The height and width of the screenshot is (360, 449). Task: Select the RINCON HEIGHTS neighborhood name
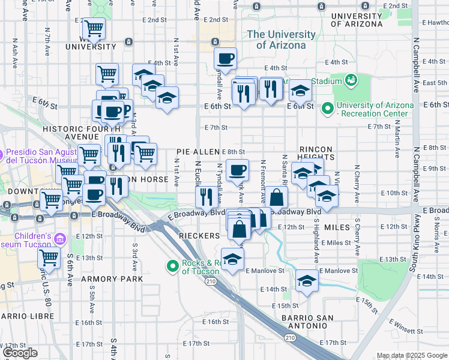316,152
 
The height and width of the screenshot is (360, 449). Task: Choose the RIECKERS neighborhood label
199,236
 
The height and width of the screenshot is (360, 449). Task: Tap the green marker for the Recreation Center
328,109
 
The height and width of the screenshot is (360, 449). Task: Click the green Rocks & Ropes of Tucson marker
172,265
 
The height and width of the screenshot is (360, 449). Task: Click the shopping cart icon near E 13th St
49,258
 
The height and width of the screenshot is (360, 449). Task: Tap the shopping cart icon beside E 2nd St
94,27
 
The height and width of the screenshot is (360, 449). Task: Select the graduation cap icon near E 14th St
307,280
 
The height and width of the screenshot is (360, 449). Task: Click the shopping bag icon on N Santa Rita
276,197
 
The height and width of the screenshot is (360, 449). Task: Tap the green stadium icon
349,80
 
